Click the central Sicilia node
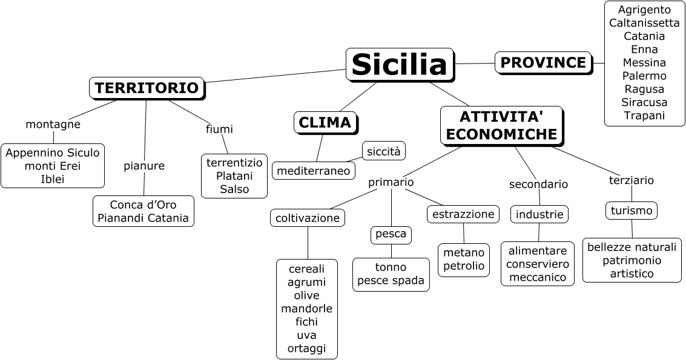pyautogui.click(x=399, y=64)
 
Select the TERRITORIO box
pyautogui.click(x=147, y=88)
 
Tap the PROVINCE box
pyautogui.click(x=543, y=62)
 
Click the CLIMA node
pyautogui.click(x=325, y=123)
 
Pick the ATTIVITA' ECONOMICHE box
pyautogui.click(x=501, y=125)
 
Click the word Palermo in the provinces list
pyautogui.click(x=644, y=76)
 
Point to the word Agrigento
pyautogui.click(x=644, y=10)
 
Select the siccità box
pyautogui.click(x=383, y=151)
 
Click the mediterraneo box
pyautogui.click(x=313, y=171)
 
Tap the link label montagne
pyautogui.click(x=53, y=124)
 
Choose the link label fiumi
pyautogui.click(x=219, y=129)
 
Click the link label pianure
pyautogui.click(x=144, y=166)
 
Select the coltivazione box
pyautogui.click(x=308, y=218)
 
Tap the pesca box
pyautogui.click(x=391, y=235)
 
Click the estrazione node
pyautogui.click(x=463, y=214)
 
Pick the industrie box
pyautogui.click(x=539, y=214)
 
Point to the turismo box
pyautogui.click(x=632, y=211)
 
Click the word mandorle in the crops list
pyautogui.click(x=306, y=309)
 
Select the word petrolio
pyautogui.click(x=464, y=266)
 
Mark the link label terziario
pyautogui.click(x=631, y=180)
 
